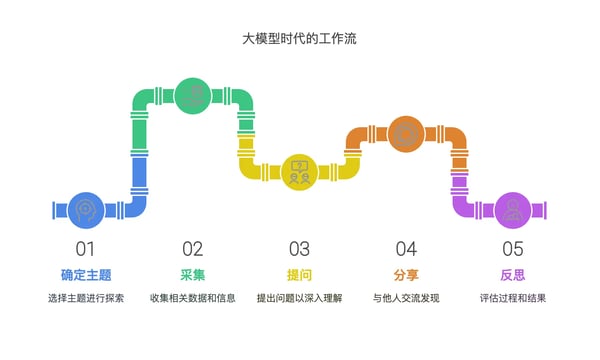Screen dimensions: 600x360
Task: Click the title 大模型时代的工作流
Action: (x=300, y=40)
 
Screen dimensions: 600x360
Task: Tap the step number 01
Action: (x=86, y=249)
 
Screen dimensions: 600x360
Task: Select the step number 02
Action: (x=193, y=249)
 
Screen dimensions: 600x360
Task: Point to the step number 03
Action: (x=299, y=249)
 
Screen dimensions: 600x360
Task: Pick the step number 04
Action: (x=406, y=249)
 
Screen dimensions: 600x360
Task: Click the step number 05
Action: (x=513, y=249)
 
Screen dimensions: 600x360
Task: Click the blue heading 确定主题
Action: (x=86, y=274)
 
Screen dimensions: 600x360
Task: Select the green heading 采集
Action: (x=193, y=274)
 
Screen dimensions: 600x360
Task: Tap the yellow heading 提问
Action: (x=299, y=274)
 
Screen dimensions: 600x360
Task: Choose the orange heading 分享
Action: (x=406, y=274)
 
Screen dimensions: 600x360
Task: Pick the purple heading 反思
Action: (x=513, y=274)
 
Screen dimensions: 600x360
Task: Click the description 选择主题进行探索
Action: (x=86, y=298)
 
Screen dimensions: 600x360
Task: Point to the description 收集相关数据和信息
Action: (x=193, y=298)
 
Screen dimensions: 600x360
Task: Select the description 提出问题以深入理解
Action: (x=299, y=298)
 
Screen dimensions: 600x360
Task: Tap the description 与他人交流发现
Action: (x=406, y=298)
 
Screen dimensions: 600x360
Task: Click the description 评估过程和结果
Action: (x=513, y=298)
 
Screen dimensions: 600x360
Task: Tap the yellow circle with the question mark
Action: (x=299, y=171)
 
